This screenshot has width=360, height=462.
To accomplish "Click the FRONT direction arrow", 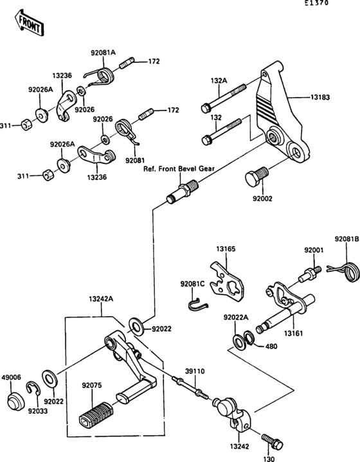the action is (29, 23).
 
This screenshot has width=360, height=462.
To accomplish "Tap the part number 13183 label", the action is (320, 97).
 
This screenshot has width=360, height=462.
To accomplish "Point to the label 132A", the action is (219, 80).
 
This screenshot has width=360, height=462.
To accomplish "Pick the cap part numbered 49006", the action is (16, 401).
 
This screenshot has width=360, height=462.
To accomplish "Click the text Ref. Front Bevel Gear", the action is (179, 169).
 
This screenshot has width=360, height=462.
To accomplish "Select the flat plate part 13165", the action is (227, 282).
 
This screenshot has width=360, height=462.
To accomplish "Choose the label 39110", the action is (195, 371).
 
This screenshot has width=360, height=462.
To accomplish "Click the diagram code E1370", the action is (316, 4).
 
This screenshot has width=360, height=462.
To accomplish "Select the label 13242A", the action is (101, 299).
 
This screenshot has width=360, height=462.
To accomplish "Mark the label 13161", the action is (293, 333).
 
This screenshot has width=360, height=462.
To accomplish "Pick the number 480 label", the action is (271, 346).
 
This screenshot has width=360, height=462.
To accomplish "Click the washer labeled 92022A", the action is (239, 341).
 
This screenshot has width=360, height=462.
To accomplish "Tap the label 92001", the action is (314, 250).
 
